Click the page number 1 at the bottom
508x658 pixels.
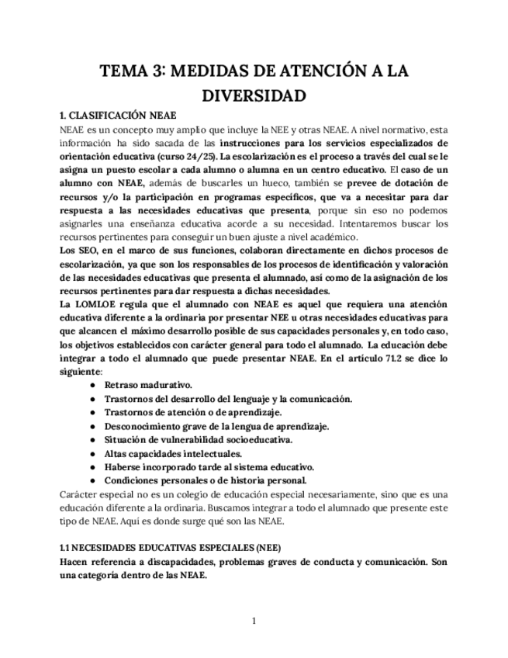point(254,621)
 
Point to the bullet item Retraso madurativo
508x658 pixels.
point(149,385)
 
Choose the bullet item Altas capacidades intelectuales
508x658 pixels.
point(174,453)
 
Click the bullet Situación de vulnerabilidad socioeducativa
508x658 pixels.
point(199,439)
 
